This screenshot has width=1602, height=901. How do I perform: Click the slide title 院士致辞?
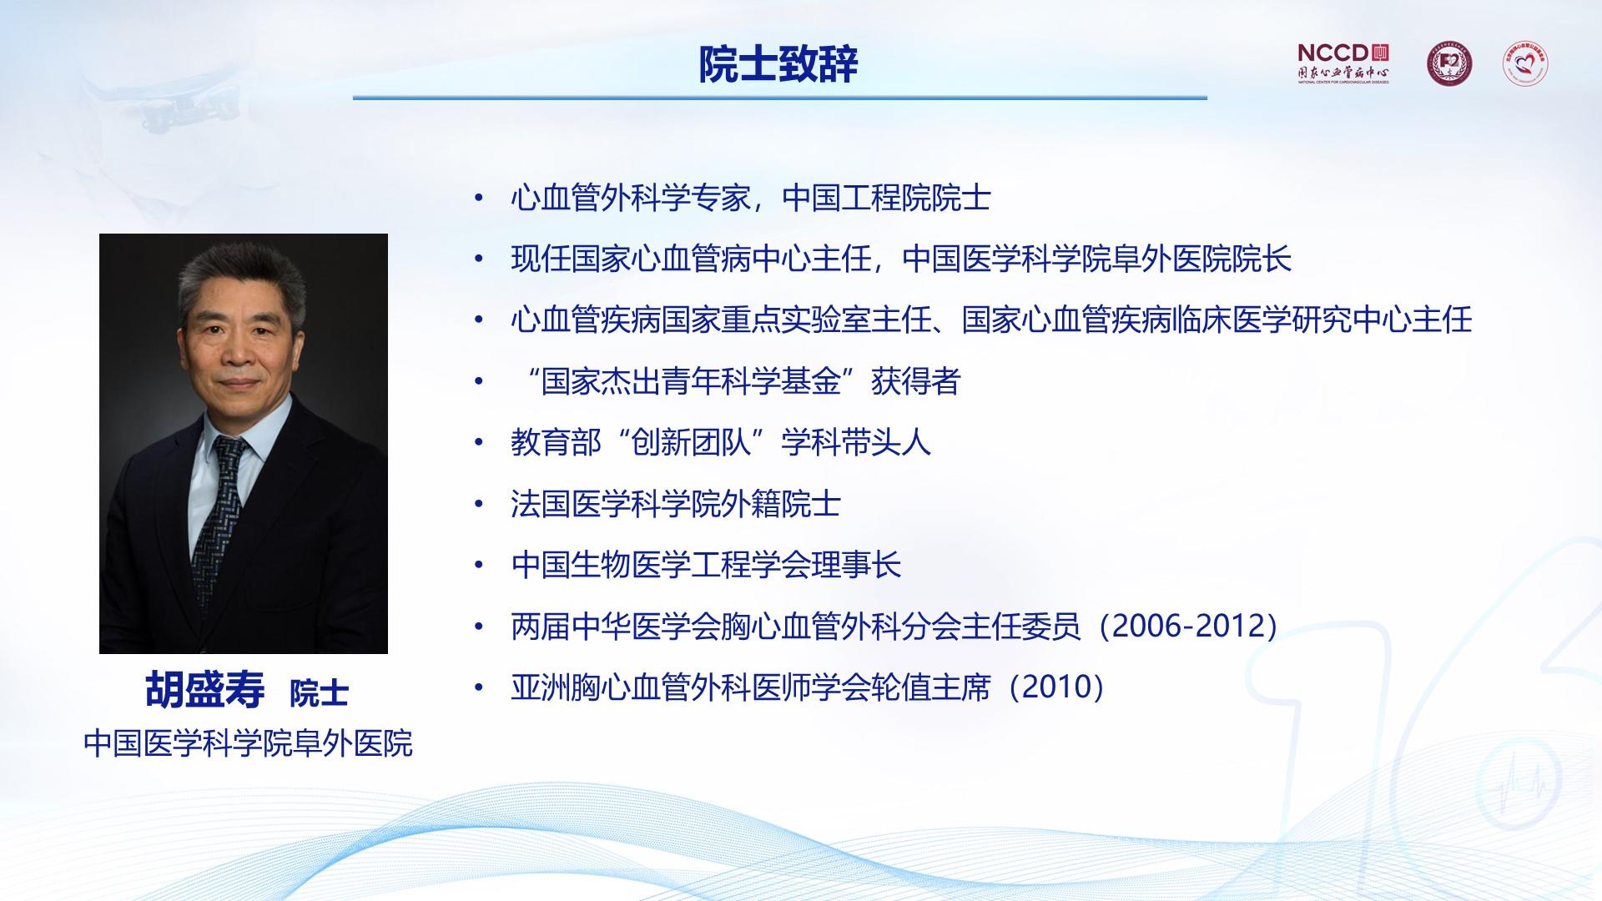pos(778,64)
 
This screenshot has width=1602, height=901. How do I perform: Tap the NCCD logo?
pos(1343,63)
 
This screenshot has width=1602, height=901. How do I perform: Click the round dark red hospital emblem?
pos(1448,64)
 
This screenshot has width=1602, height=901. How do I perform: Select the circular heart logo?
pos(1525,63)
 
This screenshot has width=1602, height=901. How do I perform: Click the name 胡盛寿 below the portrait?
pos(205,690)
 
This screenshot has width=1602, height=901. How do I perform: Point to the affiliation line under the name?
pos(248,743)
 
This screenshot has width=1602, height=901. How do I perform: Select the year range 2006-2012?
pos(1188,626)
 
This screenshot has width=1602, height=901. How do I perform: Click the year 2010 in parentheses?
pos(1057,687)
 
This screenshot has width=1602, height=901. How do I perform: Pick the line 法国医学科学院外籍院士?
pos(676,504)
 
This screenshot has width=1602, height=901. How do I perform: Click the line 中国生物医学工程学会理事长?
pos(706,565)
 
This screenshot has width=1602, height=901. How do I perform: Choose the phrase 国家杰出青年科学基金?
pos(691,382)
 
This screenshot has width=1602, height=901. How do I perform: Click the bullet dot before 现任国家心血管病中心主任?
pos(478,259)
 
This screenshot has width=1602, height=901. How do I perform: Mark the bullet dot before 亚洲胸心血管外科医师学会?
pos(478,687)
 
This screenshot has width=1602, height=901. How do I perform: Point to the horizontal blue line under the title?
pos(780,98)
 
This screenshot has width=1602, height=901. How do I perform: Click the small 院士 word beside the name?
pos(319,693)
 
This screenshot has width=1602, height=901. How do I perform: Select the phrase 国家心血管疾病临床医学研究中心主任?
pos(1217,320)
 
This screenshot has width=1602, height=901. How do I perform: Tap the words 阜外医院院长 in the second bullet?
pos(1202,259)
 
